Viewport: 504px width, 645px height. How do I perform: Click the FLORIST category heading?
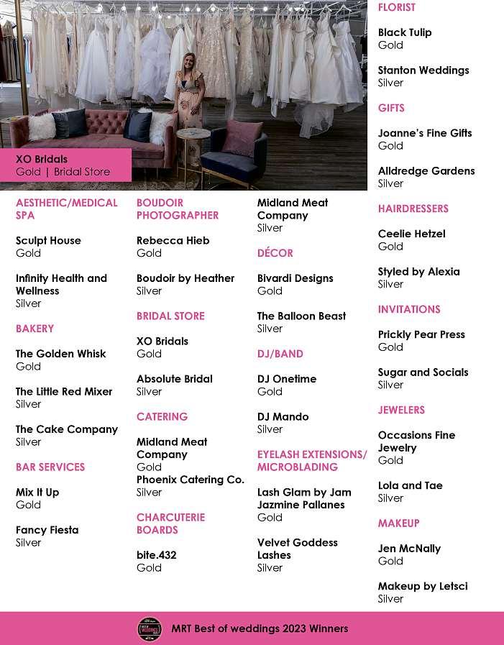click(397, 7)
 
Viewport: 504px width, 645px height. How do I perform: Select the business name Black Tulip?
click(405, 32)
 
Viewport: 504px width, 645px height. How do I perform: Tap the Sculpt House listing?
click(48, 240)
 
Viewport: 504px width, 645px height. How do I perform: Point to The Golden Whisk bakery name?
click(60, 354)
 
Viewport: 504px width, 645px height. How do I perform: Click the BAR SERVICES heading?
click(50, 467)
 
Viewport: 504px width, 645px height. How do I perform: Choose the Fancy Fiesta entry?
click(47, 530)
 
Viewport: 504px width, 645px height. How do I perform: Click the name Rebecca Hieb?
click(173, 240)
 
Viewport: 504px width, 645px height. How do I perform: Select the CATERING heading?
click(162, 416)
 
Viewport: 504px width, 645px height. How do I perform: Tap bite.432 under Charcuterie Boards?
click(156, 555)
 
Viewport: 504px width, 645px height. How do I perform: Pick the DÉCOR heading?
click(275, 253)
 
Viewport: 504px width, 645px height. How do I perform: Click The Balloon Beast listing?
click(301, 316)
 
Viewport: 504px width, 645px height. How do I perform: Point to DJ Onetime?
click(287, 379)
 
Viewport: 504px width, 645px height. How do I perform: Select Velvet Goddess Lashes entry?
click(297, 549)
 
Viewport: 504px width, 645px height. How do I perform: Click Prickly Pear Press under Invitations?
click(421, 334)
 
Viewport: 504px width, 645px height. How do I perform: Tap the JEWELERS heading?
click(401, 410)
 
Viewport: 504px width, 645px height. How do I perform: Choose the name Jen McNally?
click(409, 548)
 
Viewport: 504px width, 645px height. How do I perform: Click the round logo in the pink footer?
click(150, 628)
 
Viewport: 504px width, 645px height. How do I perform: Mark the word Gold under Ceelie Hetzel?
click(390, 246)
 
